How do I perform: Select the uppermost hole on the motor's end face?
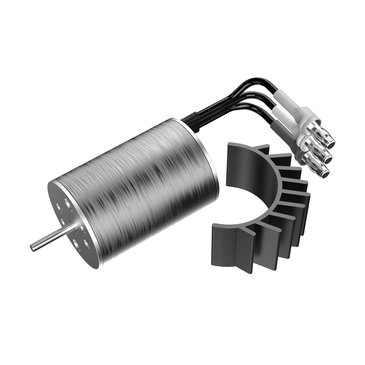coord(67,202)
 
